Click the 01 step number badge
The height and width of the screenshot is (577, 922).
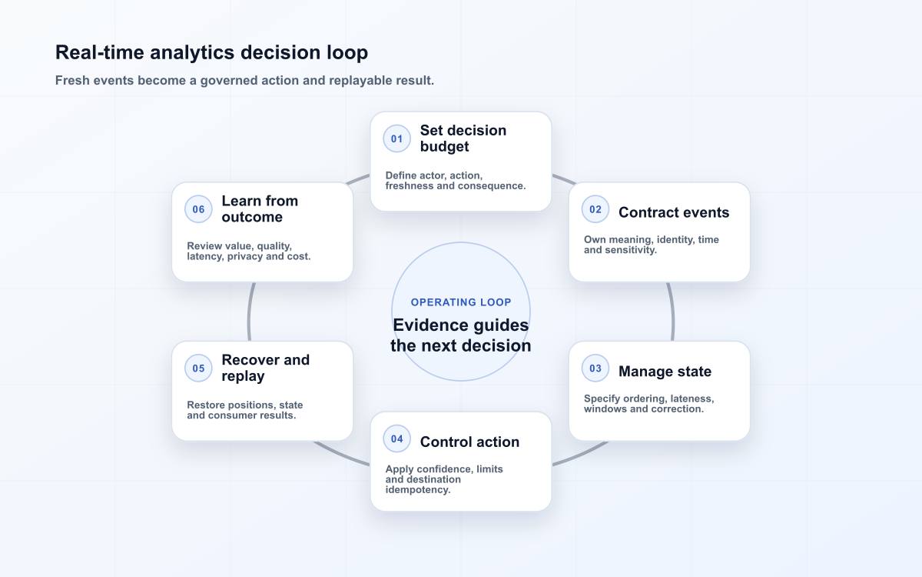(x=396, y=138)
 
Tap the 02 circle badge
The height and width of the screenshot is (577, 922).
(x=595, y=209)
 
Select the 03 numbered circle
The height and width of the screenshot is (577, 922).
(x=595, y=368)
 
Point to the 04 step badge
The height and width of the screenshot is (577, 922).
(x=396, y=439)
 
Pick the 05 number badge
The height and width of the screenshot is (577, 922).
(x=198, y=368)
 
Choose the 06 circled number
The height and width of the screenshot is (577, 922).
(x=198, y=209)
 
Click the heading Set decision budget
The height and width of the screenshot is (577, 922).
(x=463, y=138)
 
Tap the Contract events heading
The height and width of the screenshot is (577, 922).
(x=674, y=212)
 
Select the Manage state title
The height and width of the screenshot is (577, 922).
(x=665, y=372)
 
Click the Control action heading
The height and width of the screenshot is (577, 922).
(x=469, y=442)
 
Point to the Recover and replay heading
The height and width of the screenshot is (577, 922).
(x=266, y=368)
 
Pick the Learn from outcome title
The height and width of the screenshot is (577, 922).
(x=260, y=209)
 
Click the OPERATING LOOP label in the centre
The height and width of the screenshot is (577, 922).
(x=461, y=302)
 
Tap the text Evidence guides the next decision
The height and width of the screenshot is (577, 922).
(x=461, y=335)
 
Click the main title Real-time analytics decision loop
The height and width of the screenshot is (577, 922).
(x=211, y=53)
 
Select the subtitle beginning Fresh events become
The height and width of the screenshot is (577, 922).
(x=244, y=80)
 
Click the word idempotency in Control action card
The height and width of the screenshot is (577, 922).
(x=418, y=489)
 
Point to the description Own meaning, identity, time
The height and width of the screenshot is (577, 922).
(x=652, y=245)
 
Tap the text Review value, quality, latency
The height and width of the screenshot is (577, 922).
(x=249, y=251)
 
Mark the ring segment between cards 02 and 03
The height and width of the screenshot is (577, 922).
(x=672, y=312)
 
